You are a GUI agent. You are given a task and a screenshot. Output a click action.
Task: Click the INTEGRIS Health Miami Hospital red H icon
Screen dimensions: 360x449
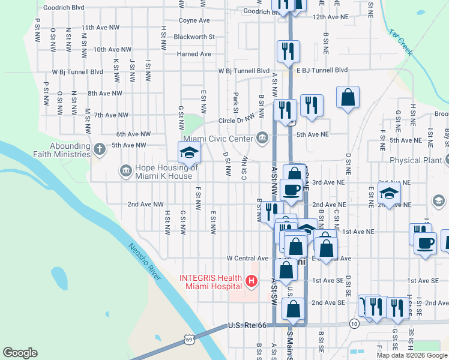251,280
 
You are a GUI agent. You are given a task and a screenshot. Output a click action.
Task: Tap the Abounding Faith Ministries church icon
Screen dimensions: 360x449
99,148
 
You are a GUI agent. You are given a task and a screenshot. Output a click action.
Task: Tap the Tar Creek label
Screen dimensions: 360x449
400,42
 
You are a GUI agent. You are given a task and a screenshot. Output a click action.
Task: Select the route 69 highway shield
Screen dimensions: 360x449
188,340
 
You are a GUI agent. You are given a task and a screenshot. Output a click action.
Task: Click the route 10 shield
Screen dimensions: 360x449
355,324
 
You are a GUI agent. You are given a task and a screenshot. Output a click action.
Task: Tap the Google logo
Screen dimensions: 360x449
20,352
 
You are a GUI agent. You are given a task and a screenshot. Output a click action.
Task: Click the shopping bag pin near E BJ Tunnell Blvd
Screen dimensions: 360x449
348,97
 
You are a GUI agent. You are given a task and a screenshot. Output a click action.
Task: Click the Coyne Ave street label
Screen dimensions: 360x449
194,20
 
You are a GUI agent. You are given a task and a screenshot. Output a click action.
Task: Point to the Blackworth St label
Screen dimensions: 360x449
194,37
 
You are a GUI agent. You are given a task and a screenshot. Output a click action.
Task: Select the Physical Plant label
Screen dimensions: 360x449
414,160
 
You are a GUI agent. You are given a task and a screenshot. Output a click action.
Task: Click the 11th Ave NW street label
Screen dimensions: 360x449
100,28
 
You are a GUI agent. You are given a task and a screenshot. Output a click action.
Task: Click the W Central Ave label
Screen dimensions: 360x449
247,258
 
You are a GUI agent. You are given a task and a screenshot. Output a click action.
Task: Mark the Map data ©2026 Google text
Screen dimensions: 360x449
411,355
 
